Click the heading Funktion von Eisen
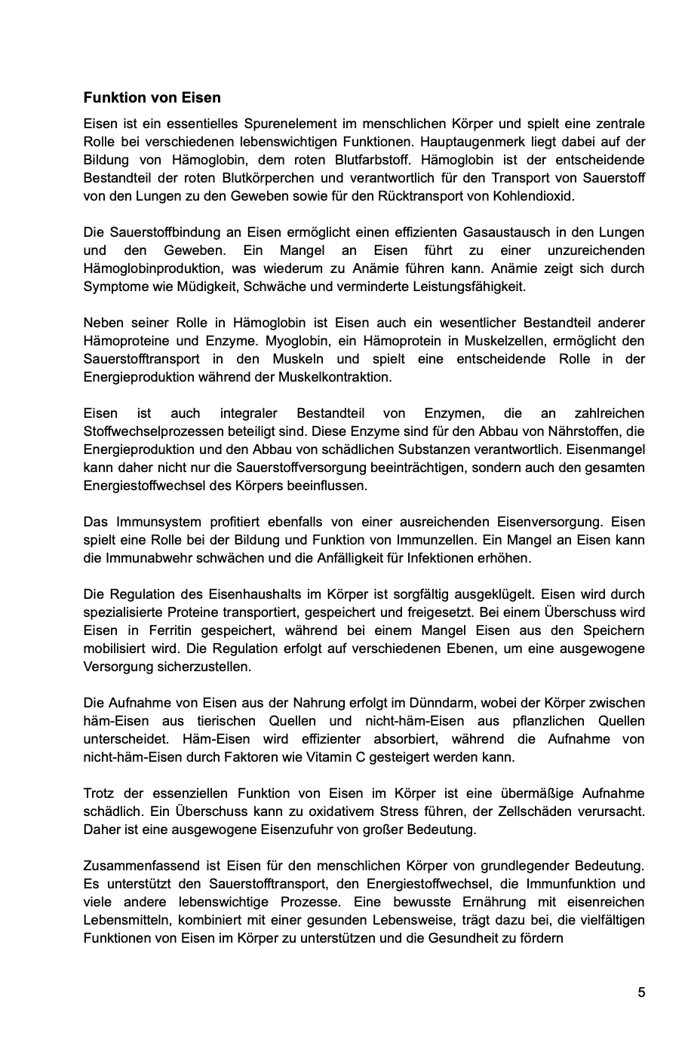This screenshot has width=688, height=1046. click(x=152, y=98)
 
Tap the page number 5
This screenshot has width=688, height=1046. click(x=641, y=992)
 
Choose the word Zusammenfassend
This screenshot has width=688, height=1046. click(x=134, y=866)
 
